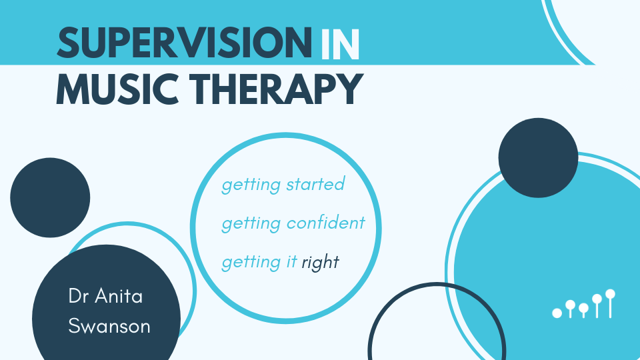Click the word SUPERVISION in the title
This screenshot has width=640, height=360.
185,43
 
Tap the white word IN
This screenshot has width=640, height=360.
340,44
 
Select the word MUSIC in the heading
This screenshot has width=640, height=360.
117,89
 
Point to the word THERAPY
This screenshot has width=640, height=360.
276,89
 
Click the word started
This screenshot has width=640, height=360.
315,184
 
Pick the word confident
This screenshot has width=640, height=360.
326,223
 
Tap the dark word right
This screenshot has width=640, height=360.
321,262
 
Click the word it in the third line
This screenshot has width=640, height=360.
291,261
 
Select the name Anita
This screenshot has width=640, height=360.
119,296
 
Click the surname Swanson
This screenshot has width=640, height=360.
109,326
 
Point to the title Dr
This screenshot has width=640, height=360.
79,296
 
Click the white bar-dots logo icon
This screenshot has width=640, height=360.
584,304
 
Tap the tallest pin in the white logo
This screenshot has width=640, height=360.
610,303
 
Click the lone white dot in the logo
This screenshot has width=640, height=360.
557,313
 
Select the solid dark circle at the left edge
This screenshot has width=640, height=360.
50,197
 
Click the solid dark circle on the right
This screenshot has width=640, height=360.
539,158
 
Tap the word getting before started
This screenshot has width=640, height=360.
251,185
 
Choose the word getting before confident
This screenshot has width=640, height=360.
251,224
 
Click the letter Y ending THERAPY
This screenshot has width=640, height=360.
349,89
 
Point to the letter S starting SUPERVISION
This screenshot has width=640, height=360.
67,43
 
